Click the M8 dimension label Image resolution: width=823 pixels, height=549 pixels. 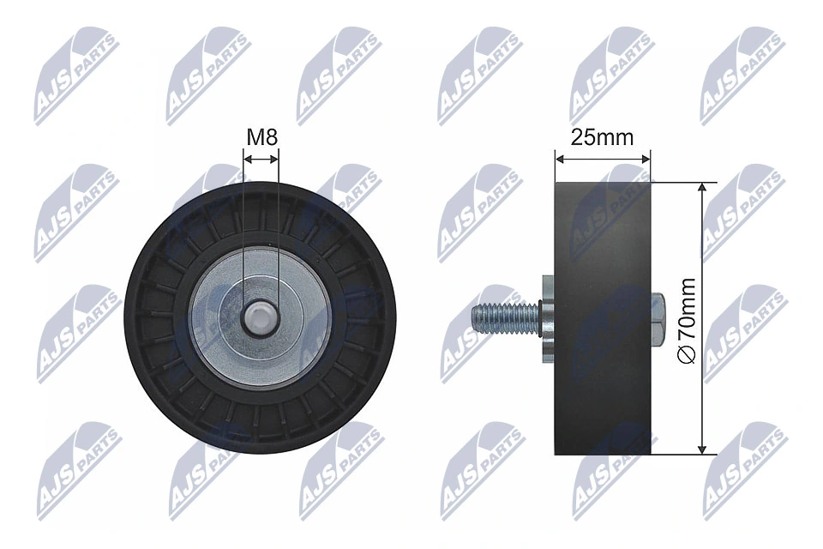click(x=261, y=136)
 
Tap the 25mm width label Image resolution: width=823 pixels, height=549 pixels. click(x=602, y=136)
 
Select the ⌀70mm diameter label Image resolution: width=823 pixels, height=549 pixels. click(x=686, y=318)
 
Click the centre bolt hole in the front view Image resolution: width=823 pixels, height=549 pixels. click(x=260, y=317)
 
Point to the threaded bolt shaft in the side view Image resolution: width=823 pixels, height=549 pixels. click(x=506, y=317)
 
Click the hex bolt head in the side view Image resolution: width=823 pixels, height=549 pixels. click(x=658, y=317)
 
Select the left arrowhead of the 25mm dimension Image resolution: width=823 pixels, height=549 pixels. click(x=559, y=159)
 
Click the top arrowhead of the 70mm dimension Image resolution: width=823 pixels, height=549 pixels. click(x=703, y=186)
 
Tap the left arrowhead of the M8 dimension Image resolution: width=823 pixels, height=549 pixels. click(x=247, y=159)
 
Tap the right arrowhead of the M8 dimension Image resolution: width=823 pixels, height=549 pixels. click(x=274, y=159)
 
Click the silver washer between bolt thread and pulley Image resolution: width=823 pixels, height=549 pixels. click(x=545, y=318)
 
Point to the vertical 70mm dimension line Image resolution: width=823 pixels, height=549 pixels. click(x=703, y=257)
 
